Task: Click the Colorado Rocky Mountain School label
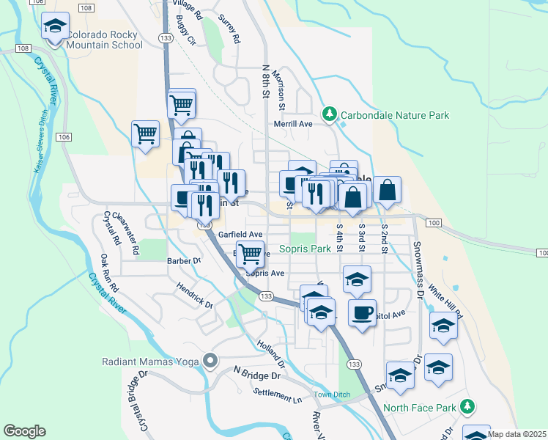pos(104,40)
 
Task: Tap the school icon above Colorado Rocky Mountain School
pos(55,26)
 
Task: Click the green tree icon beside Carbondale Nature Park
pos(330,114)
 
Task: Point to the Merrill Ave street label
pos(293,125)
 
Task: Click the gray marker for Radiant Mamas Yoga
pos(211,360)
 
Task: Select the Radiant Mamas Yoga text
pos(152,360)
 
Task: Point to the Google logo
pos(24,431)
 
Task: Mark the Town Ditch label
pos(333,395)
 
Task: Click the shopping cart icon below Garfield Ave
pos(250,254)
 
